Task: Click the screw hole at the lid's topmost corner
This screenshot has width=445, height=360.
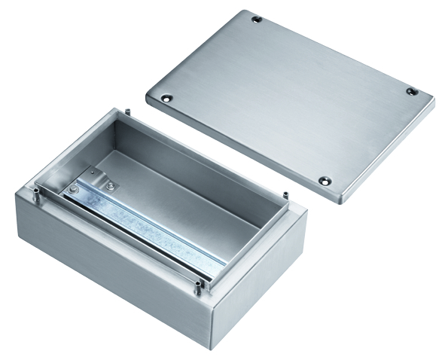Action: click(x=257, y=18)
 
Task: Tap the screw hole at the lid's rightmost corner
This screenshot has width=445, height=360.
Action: click(x=411, y=91)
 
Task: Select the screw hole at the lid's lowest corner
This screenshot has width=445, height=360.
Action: click(x=325, y=181)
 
